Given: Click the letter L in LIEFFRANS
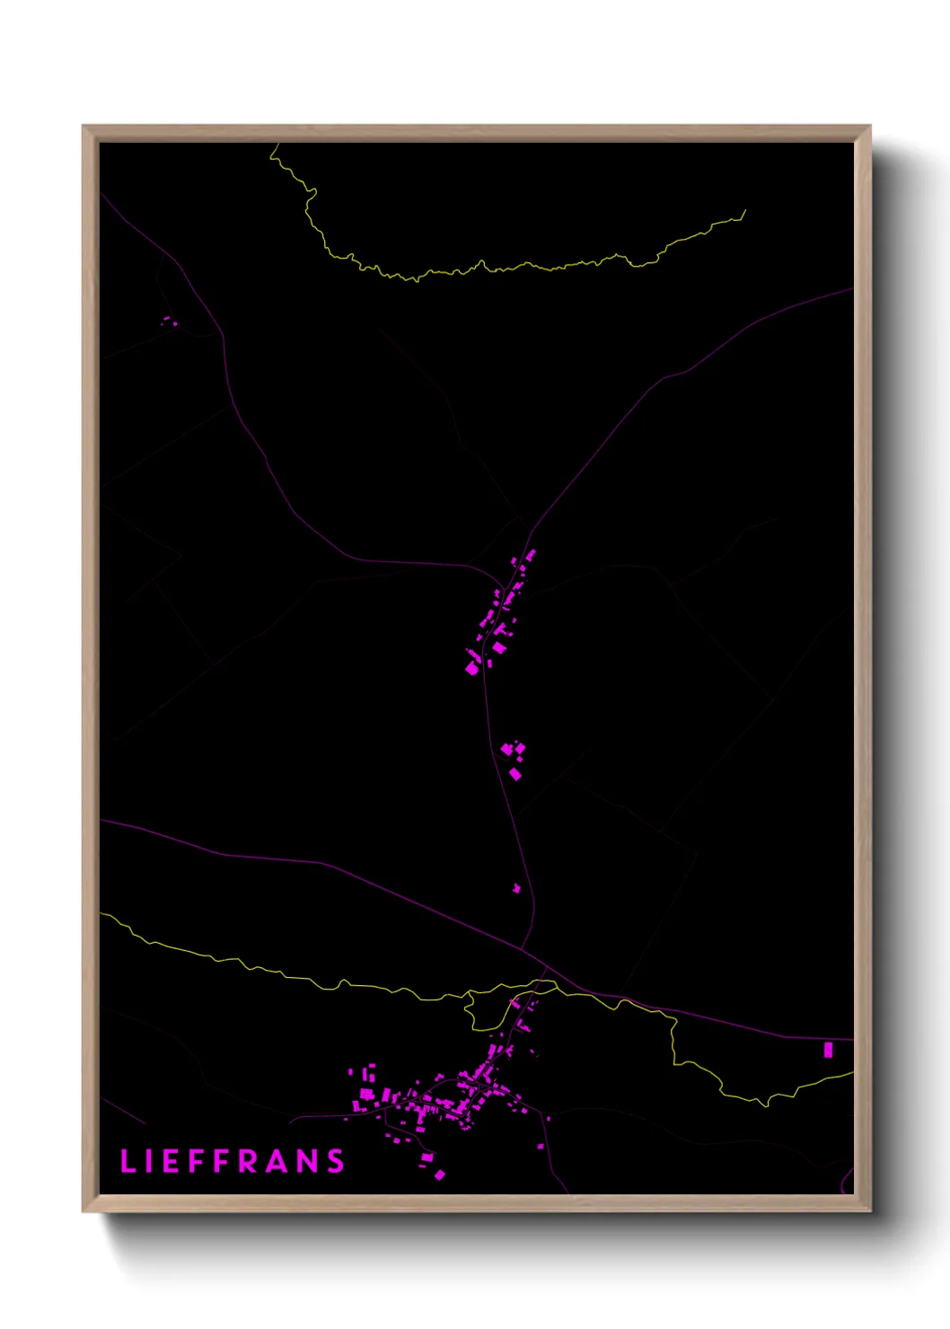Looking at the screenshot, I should click(x=128, y=1161).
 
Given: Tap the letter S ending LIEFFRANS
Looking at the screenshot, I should click(x=336, y=1161).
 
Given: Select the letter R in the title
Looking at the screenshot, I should click(x=250, y=1161).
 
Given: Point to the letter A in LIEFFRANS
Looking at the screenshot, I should click(x=278, y=1161).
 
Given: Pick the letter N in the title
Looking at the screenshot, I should click(x=308, y=1161).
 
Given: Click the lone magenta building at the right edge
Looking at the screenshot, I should click(x=828, y=1049).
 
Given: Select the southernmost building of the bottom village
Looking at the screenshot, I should click(x=440, y=1175).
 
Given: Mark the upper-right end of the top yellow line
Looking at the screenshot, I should click(x=744, y=212).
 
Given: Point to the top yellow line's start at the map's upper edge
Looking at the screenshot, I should click(x=271, y=145).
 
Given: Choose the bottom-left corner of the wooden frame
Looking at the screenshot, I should click(x=84, y=1210).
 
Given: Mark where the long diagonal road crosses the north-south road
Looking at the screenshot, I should click(x=522, y=946).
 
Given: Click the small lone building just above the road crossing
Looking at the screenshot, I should click(x=516, y=888).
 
